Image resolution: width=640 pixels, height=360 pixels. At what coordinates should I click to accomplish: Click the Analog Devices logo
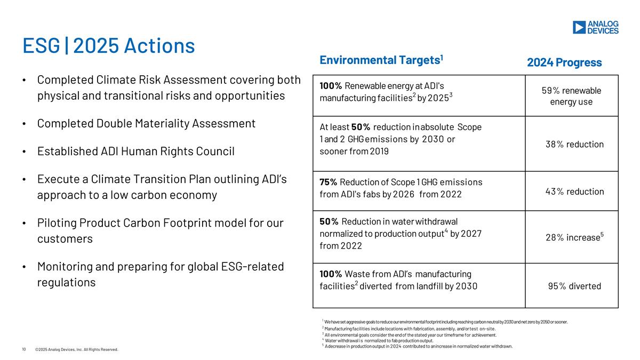tap(595, 27)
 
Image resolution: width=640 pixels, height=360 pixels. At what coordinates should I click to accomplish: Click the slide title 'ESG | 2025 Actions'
tap(108, 46)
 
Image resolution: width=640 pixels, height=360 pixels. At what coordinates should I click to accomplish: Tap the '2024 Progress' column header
tap(564, 62)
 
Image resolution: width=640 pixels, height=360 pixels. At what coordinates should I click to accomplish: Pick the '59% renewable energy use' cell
tap(571, 96)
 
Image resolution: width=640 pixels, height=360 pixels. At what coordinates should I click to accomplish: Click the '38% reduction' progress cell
tap(574, 144)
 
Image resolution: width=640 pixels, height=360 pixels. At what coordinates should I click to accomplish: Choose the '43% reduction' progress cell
tap(574, 191)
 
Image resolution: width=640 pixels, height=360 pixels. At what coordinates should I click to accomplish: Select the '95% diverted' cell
tap(574, 286)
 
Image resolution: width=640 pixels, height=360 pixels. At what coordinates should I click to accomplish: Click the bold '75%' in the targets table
tap(328, 182)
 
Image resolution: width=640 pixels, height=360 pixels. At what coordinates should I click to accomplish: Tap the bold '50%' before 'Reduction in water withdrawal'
tap(329, 221)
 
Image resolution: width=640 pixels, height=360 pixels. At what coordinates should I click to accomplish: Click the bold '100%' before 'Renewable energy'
tap(331, 85)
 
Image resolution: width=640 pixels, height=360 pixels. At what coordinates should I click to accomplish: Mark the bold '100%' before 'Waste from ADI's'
tap(331, 274)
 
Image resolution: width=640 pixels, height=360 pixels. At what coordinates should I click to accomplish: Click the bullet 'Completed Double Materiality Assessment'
tap(146, 123)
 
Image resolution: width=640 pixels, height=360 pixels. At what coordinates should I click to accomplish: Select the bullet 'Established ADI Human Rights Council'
tap(135, 151)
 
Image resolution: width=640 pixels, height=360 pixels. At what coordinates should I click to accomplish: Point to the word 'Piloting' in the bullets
tap(58, 222)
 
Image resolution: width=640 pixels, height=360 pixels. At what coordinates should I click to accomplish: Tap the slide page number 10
tap(23, 349)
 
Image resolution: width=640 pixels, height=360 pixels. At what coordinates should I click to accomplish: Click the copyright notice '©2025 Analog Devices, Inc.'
tap(76, 349)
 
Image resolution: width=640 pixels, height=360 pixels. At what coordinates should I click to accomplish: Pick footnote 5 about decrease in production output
tap(418, 346)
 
